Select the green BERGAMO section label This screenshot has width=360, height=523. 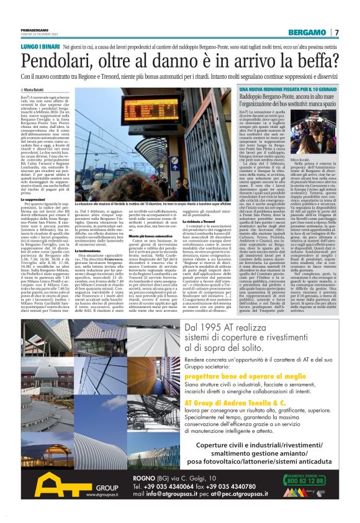(309, 32)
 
